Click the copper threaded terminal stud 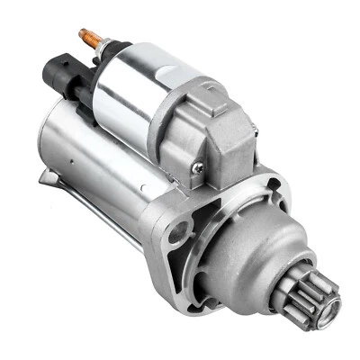point(91,38)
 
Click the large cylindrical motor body point(99,162)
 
